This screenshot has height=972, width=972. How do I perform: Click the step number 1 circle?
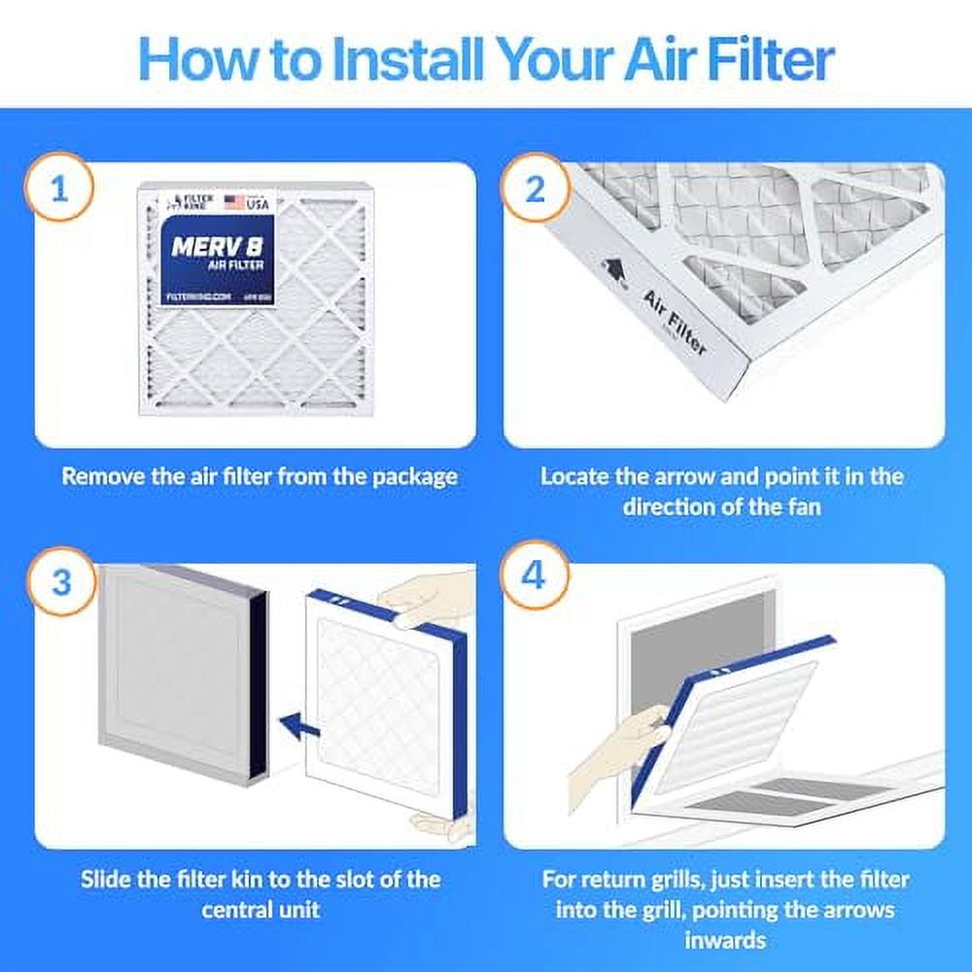pos(60,188)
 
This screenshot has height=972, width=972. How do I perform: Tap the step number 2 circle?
pos(535,188)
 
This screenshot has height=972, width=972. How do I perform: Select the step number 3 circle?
pos(60,582)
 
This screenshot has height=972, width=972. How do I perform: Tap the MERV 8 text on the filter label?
pos(216,247)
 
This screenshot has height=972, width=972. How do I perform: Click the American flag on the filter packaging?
pos(233,202)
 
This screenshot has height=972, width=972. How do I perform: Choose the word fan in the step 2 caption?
pos(800,506)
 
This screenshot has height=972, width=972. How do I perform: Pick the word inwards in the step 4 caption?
pos(725,940)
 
